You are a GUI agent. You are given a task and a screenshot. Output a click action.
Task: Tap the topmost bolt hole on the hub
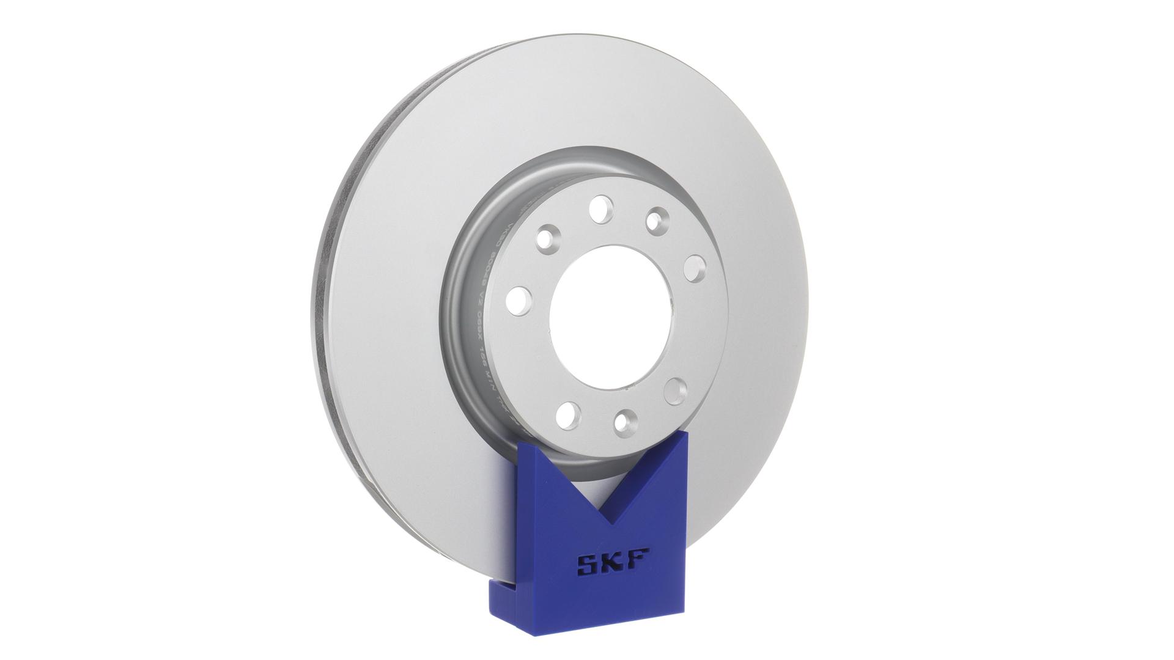[601, 208]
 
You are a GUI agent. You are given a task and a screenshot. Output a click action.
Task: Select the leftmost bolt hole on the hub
[519, 301]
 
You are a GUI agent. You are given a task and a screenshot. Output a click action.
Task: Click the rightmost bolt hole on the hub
[695, 268]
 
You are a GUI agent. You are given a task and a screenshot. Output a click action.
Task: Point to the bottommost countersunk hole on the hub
[626, 422]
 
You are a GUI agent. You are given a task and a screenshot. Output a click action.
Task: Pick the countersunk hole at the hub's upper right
[657, 219]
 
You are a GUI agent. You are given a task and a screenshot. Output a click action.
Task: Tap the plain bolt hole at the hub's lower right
[676, 391]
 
